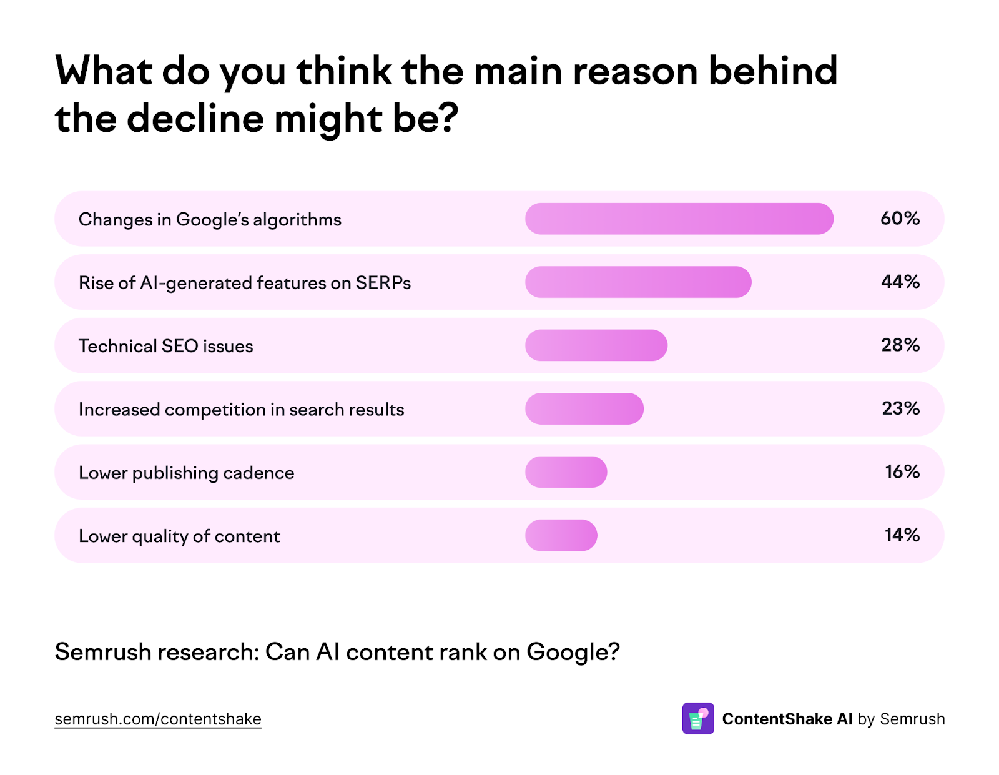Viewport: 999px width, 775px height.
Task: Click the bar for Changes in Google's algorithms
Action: coord(679,219)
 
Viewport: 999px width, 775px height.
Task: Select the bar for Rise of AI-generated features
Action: coord(637,282)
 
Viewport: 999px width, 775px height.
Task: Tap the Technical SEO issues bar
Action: coord(596,345)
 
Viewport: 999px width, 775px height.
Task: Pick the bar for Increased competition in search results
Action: coord(584,408)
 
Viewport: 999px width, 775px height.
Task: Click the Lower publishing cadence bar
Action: coord(566,472)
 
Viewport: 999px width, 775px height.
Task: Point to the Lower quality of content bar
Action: coord(561,535)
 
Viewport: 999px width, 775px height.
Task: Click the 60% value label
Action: coord(900,219)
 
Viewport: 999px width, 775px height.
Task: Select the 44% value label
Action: coord(900,282)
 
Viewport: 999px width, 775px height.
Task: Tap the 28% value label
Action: coord(900,345)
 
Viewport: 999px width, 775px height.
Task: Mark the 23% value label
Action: coord(900,408)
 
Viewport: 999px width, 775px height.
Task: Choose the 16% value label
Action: coord(902,472)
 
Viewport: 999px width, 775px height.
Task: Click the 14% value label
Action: coord(902,535)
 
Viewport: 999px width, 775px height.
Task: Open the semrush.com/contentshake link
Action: coord(157,719)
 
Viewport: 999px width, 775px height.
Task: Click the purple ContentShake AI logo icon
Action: coord(697,719)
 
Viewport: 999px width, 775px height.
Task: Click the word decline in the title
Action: coord(195,119)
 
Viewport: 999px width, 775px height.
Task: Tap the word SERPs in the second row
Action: coord(383,283)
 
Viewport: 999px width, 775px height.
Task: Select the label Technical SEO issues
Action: coord(165,346)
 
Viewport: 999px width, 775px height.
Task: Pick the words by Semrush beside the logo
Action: coord(901,719)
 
